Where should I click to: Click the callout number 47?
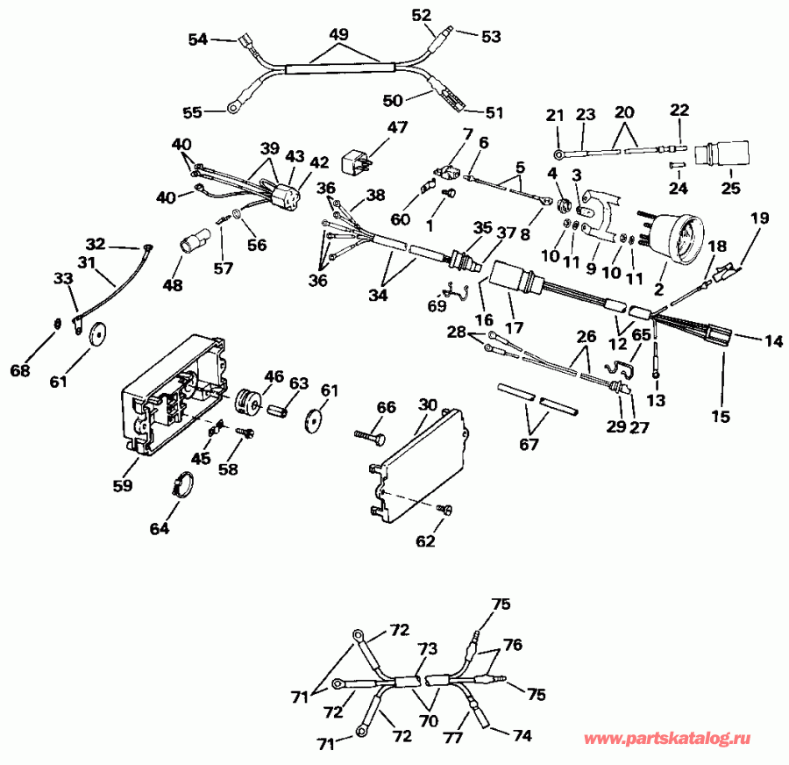398,128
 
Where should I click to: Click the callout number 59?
123,484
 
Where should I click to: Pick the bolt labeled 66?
373,434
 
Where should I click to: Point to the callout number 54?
199,39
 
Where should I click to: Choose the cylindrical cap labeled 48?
194,239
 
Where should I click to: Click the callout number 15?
720,417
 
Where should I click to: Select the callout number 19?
758,216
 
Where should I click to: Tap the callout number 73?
427,649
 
